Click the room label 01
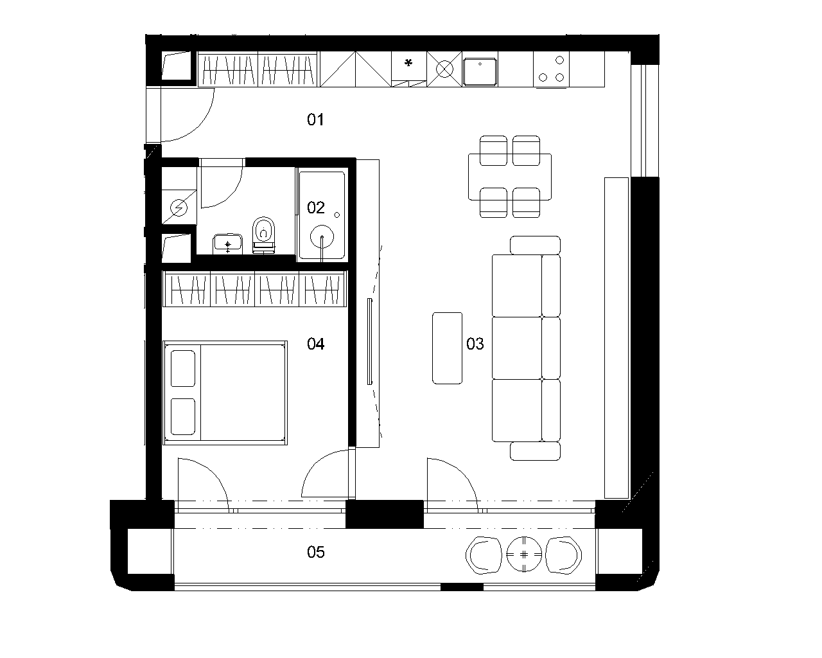point(315,120)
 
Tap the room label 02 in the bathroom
point(316,208)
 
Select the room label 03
point(475,344)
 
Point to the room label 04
point(316,344)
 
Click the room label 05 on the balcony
point(316,552)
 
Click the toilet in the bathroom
point(263,235)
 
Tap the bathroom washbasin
point(227,244)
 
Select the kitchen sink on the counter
point(480,72)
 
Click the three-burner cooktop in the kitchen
point(551,69)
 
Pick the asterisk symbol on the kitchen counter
point(408,63)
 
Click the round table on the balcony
point(524,555)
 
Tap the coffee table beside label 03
point(448,348)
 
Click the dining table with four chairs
point(510,177)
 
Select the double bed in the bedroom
point(225,393)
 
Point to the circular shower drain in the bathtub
point(322,237)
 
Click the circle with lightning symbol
point(179,208)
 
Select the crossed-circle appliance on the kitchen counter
point(444,69)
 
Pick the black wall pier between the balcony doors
point(385,514)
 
